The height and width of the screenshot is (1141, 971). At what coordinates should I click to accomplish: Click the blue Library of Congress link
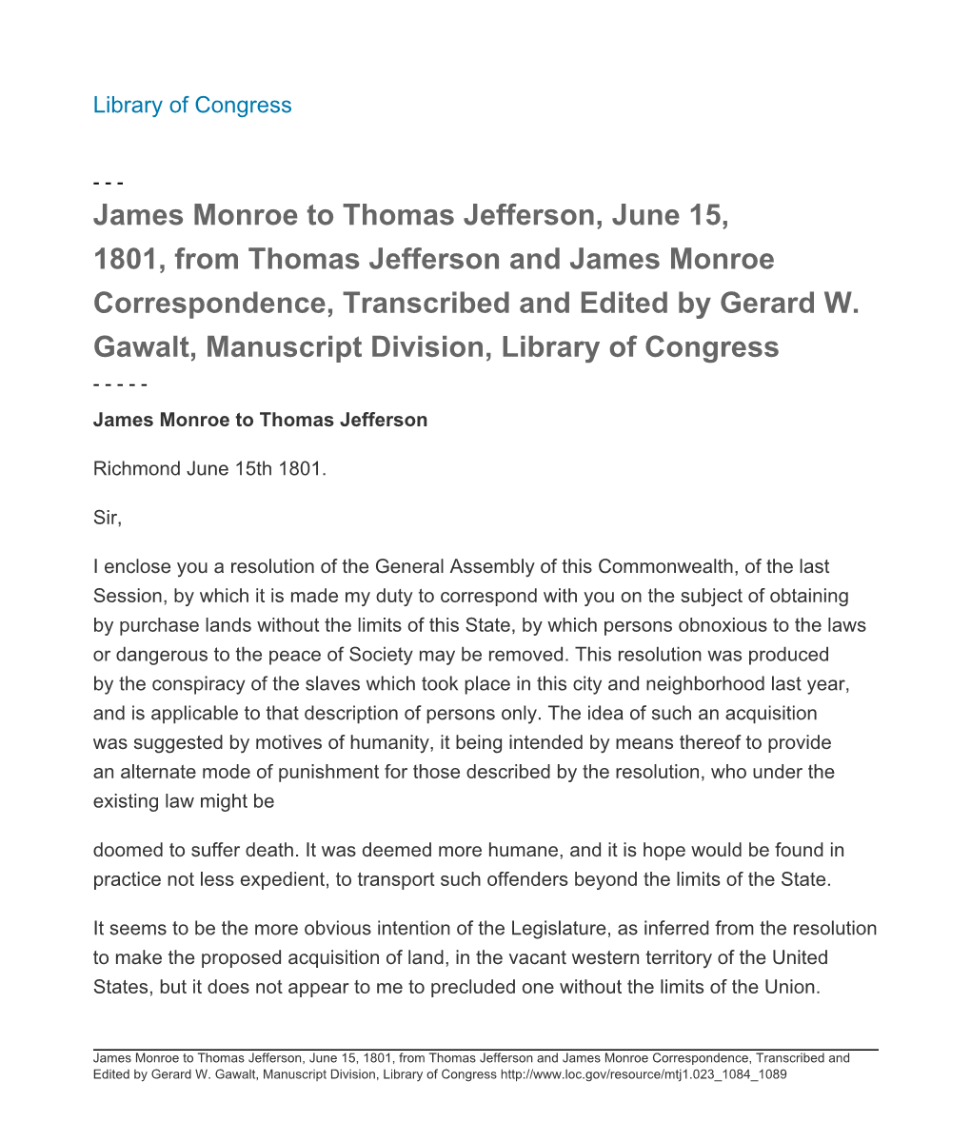click(x=192, y=105)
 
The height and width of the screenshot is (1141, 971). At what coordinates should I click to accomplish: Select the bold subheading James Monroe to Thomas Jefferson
click(x=260, y=420)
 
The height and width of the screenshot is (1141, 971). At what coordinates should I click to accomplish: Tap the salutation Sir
click(x=107, y=519)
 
